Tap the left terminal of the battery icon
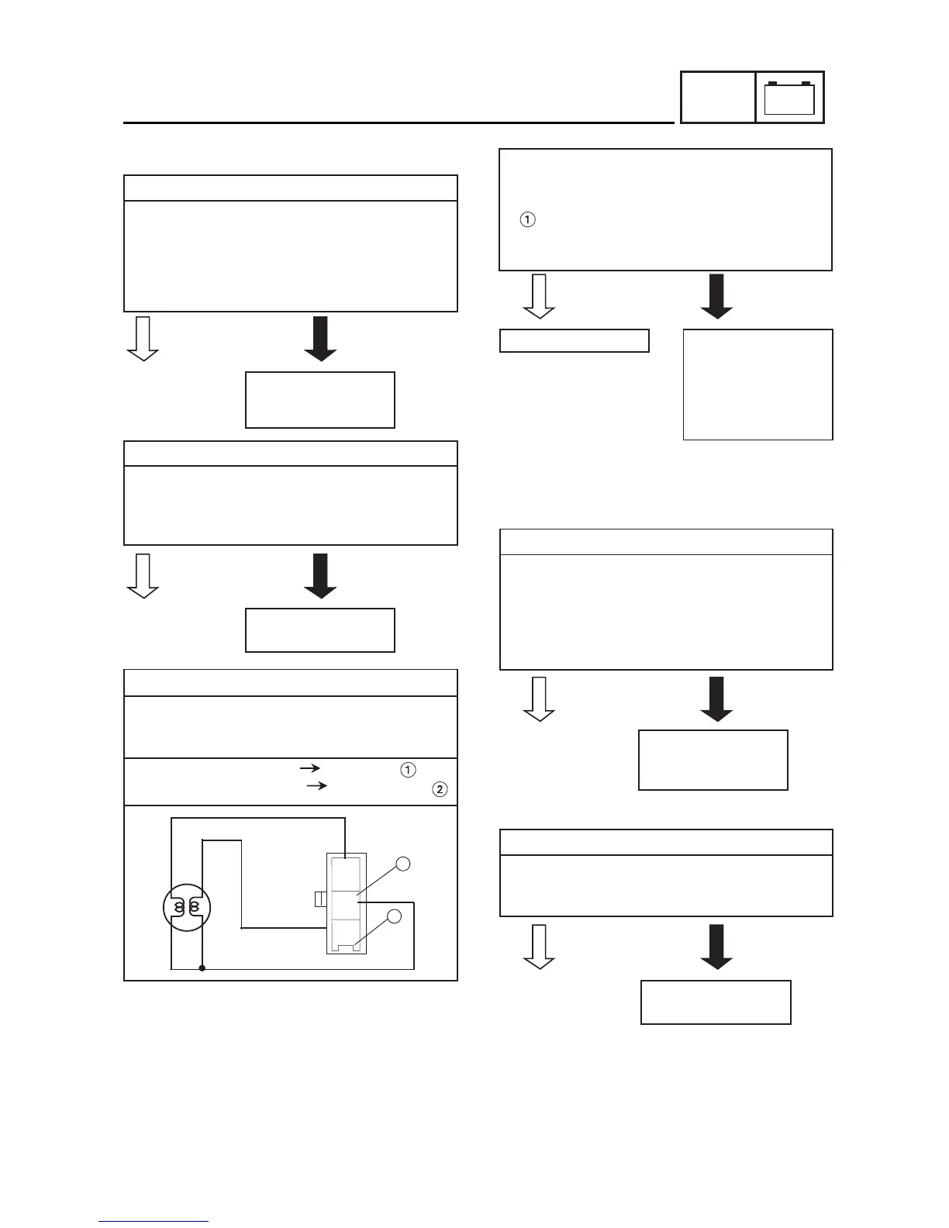coord(772,83)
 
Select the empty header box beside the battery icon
coord(718,98)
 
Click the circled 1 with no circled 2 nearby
coord(527,220)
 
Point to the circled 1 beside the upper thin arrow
coord(408,770)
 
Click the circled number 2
coord(440,790)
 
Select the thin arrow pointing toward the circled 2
coord(317,786)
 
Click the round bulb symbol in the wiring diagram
coord(187,908)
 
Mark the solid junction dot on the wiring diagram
coord(202,968)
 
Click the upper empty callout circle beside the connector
coord(402,864)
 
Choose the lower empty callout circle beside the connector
coord(394,916)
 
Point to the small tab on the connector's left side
coord(319,899)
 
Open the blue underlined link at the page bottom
coord(154,1221)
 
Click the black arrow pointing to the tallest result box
coord(716,296)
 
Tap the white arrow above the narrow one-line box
coord(539,296)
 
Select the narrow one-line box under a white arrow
coord(574,340)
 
